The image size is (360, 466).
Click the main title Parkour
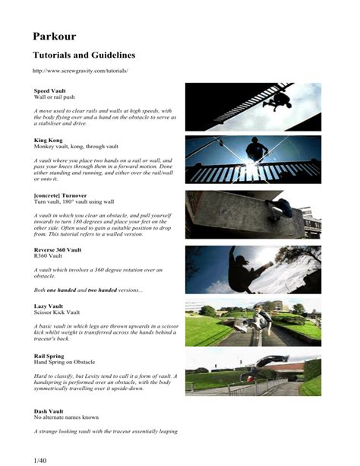pos(54,36)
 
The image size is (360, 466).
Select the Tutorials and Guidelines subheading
pos(84,55)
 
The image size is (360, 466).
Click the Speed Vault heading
pos(50,90)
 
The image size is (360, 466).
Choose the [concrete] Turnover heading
pos(65,195)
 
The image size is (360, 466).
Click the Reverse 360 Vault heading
pos(58,249)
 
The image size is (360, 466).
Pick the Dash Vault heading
pos(49,411)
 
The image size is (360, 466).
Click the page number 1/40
pos(41,458)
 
